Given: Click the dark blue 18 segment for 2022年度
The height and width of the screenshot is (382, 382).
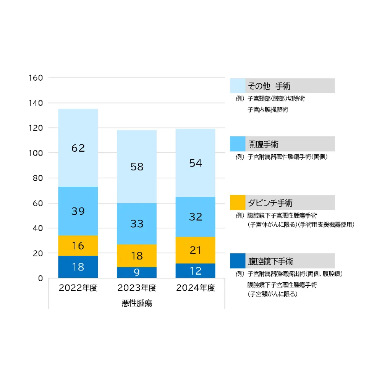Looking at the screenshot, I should pyautogui.click(x=78, y=267).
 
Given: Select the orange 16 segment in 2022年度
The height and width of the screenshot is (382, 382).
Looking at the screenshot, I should pyautogui.click(x=78, y=246).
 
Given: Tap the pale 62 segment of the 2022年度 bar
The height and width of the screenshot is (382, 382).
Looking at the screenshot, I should pyautogui.click(x=78, y=148).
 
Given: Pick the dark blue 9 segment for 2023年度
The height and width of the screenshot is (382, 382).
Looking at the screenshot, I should pyautogui.click(x=137, y=273).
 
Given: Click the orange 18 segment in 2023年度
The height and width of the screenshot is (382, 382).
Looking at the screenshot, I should pyautogui.click(x=137, y=256).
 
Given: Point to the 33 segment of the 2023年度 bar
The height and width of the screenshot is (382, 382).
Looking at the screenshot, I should pyautogui.click(x=137, y=223).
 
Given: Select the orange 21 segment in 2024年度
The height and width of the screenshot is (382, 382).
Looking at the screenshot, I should pyautogui.click(x=195, y=250).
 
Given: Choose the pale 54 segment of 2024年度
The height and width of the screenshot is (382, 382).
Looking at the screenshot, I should pyautogui.click(x=195, y=163).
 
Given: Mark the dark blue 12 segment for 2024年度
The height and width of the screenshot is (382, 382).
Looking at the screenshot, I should pyautogui.click(x=195, y=271).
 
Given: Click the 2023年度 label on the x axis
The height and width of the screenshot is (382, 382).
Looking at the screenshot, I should pyautogui.click(x=137, y=288).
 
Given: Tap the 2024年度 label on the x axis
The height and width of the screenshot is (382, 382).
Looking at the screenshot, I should pyautogui.click(x=195, y=288).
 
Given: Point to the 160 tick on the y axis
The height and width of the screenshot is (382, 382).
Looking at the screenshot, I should pyautogui.click(x=36, y=78).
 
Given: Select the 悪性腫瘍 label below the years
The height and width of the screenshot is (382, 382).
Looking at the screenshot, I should pyautogui.click(x=137, y=303).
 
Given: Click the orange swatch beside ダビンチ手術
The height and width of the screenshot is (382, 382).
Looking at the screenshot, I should pyautogui.click(x=238, y=202).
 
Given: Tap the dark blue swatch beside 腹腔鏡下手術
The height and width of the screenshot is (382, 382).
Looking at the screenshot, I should pyautogui.click(x=238, y=261).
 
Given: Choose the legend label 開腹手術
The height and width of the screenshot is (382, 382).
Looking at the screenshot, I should pyautogui.click(x=263, y=144).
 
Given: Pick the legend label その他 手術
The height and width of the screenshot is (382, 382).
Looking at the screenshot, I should pyautogui.click(x=269, y=86).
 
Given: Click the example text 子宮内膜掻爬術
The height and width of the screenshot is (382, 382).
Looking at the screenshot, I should pyautogui.click(x=267, y=110).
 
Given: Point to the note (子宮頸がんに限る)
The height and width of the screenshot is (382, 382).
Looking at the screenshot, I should pyautogui.click(x=272, y=294).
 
